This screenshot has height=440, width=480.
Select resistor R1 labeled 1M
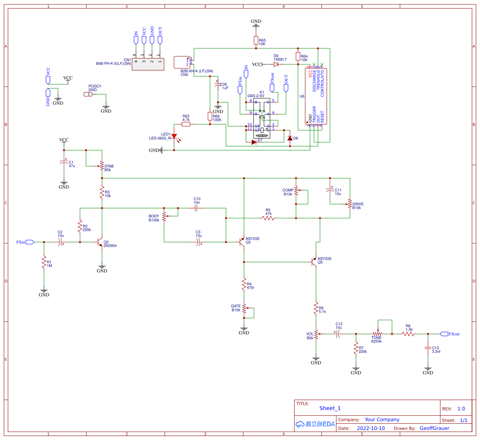(44, 262)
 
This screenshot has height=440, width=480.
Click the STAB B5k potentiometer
(102, 166)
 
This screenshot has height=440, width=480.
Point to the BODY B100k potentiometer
(164, 218)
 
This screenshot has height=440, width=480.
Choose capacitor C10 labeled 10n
(197, 208)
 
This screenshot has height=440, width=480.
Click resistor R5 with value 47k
(268, 218)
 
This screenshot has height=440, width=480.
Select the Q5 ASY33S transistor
(314, 262)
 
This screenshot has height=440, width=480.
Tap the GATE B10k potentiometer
(244, 308)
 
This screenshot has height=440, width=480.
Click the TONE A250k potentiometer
(378, 334)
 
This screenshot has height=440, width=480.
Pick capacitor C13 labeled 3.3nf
(428, 348)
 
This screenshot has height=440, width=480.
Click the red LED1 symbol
(174, 137)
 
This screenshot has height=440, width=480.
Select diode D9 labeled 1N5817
(276, 64)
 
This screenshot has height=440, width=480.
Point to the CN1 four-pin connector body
(148, 64)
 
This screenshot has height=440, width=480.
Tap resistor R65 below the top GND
(256, 40)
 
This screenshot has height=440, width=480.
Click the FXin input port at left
(30, 242)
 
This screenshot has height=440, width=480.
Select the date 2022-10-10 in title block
(371, 428)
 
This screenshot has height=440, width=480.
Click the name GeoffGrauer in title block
(434, 428)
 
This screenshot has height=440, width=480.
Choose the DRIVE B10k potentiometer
(350, 204)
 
